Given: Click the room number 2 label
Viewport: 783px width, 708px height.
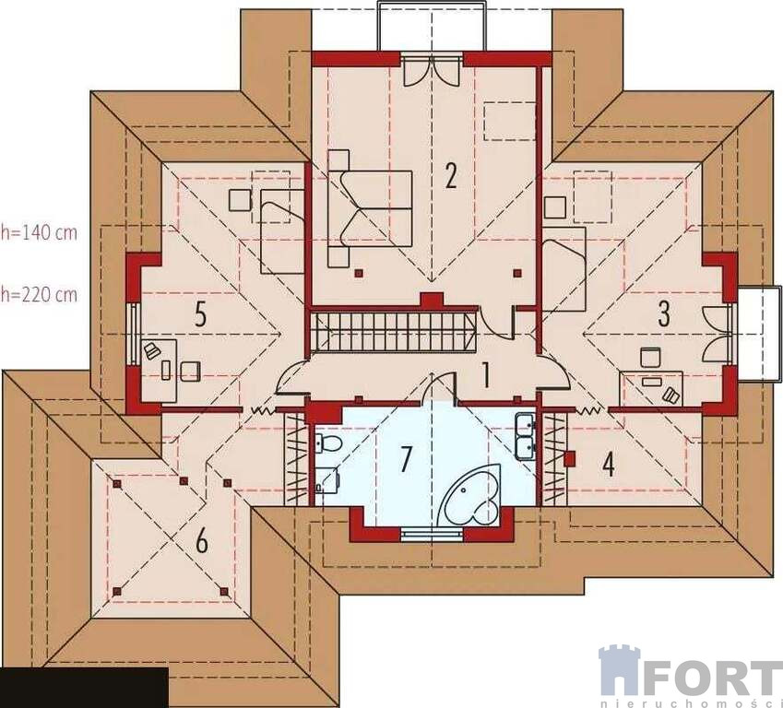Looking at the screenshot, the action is tap(450, 175).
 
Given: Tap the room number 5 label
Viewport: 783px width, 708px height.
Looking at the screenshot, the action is tap(200, 314).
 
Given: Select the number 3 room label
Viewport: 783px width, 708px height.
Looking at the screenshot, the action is tap(664, 313).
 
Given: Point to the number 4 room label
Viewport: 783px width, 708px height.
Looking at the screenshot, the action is tap(608, 465).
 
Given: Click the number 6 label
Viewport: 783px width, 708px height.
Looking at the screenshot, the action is tap(201, 541).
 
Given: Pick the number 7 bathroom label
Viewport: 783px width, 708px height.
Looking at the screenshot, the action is tap(407, 458).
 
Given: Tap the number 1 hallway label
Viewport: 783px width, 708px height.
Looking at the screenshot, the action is tap(484, 375).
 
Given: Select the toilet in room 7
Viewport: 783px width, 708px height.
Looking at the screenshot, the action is tap(328, 442).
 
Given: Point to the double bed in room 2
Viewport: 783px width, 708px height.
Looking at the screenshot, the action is tap(370, 208).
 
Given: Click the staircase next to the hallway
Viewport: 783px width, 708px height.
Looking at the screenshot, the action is tap(392, 332).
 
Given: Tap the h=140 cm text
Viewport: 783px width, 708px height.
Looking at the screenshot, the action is tap(39, 232).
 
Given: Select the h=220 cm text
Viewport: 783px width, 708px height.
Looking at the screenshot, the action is tap(39, 295).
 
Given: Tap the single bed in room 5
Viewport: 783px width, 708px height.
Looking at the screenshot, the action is tap(282, 231).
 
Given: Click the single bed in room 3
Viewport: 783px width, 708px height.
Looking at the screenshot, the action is tap(564, 269).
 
